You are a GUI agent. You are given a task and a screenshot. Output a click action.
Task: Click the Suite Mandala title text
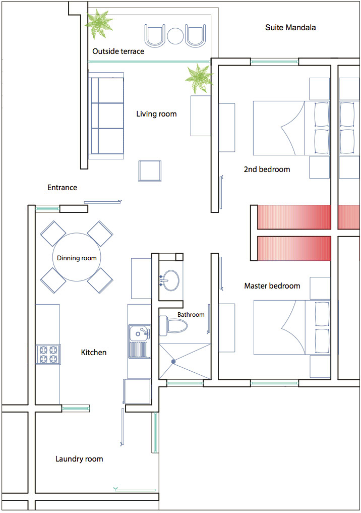pyautogui.click(x=290, y=27)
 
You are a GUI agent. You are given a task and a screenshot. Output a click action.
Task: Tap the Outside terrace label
pyautogui.click(x=118, y=51)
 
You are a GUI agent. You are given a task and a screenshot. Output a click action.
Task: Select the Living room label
pyautogui.click(x=156, y=114)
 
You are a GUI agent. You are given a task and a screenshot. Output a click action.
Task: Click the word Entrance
pyautogui.click(x=62, y=188)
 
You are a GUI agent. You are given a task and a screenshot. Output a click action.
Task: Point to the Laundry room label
pyautogui.click(x=79, y=459)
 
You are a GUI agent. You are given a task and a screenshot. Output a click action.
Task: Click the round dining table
pyautogui.click(x=77, y=257)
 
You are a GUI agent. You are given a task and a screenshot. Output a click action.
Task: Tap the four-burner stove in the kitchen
pyautogui.click(x=48, y=355)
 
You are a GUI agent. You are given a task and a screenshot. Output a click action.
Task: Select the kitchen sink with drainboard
pyautogui.click(x=140, y=341)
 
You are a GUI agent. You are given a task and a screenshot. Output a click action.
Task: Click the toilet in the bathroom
pyautogui.click(x=173, y=326)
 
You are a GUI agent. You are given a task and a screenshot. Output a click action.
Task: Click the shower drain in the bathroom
pyautogui.click(x=173, y=362)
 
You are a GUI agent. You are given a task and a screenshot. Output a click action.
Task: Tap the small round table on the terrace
pyautogui.click(x=175, y=35)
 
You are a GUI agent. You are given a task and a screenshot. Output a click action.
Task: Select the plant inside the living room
pyautogui.click(x=199, y=79)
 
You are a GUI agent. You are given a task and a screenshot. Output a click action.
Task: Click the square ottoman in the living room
pyautogui.click(x=150, y=171)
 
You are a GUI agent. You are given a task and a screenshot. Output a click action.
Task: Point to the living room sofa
pyautogui.click(x=105, y=116)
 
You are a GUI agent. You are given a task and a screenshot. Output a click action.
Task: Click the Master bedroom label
pyautogui.click(x=272, y=286)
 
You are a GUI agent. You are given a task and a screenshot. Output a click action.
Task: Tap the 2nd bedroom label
pyautogui.click(x=267, y=169)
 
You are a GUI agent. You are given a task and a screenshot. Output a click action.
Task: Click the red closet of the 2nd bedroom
pyautogui.click(x=294, y=217)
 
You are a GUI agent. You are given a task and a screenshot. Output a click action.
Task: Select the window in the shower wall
pyautogui.click(x=185, y=383)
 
